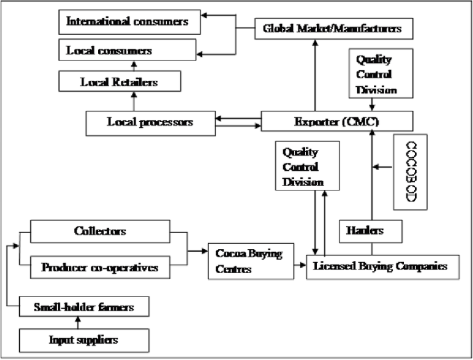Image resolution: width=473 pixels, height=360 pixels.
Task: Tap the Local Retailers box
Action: point(119,81)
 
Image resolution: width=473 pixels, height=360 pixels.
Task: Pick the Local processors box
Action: point(150,122)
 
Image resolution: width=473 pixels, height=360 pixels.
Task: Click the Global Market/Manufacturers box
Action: point(332,28)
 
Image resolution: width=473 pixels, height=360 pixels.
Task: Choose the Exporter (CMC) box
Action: point(336,121)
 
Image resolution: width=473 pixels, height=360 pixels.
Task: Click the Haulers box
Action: point(370,231)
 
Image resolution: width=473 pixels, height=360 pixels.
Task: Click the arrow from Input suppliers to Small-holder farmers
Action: point(78,322)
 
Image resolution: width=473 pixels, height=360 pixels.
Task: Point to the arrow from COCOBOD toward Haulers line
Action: point(382,167)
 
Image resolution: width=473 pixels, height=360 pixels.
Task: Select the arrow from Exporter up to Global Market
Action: point(314,75)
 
